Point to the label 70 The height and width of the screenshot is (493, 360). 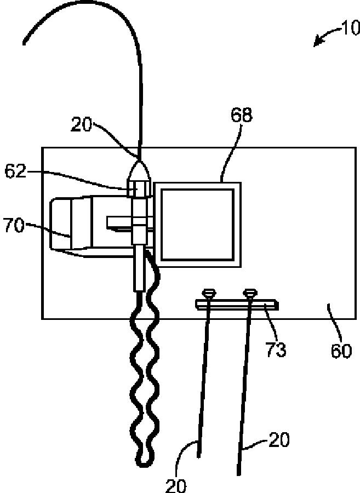click(x=15, y=225)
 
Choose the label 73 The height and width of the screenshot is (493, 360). click(x=276, y=349)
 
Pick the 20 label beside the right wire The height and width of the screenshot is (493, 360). click(x=278, y=440)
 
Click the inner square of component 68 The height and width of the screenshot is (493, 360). click(x=197, y=224)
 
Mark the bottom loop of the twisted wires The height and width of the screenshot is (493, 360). click(x=143, y=459)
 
